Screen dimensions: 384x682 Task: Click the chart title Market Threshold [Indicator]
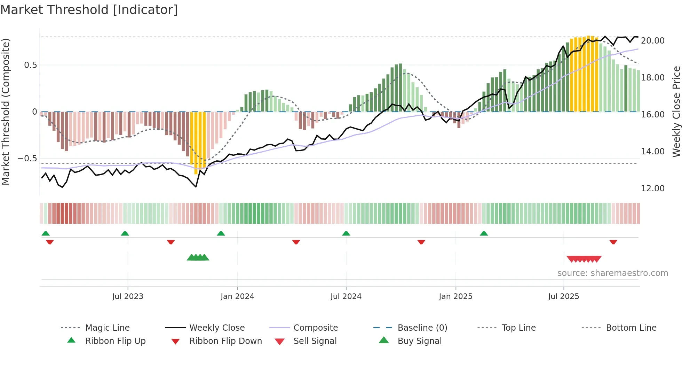89,10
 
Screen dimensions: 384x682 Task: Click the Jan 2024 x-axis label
237,296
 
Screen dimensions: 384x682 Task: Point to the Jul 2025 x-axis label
563,296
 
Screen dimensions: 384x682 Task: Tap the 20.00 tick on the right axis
652,41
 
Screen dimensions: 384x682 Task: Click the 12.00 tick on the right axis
652,189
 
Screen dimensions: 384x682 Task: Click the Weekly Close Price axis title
676,112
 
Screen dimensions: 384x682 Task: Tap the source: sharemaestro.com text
612,273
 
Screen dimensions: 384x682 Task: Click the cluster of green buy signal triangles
198,258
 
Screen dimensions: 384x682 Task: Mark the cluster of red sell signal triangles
584,259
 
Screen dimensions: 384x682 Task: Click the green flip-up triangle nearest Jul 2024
346,233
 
